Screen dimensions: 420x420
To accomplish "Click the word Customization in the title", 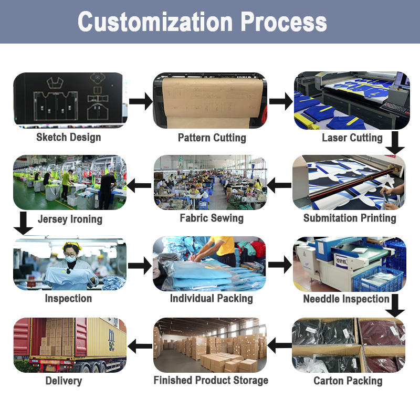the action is [155, 22].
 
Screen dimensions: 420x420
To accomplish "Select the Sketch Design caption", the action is [69, 138].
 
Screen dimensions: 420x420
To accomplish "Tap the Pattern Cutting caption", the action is [212, 138].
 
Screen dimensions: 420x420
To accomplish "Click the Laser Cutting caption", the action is [352, 138].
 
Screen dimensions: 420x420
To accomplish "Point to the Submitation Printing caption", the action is [350, 218].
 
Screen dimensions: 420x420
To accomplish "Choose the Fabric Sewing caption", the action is [212, 218].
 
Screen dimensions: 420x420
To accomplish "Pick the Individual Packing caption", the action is [212, 298].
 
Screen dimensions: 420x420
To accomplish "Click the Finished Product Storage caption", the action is [211, 380].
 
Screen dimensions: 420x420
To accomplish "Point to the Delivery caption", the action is [64, 381].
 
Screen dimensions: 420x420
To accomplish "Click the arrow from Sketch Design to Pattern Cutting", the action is [140, 101].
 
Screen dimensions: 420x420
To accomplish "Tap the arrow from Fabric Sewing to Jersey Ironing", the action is [139, 184].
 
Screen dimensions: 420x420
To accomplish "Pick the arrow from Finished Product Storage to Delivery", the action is [140, 346].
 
